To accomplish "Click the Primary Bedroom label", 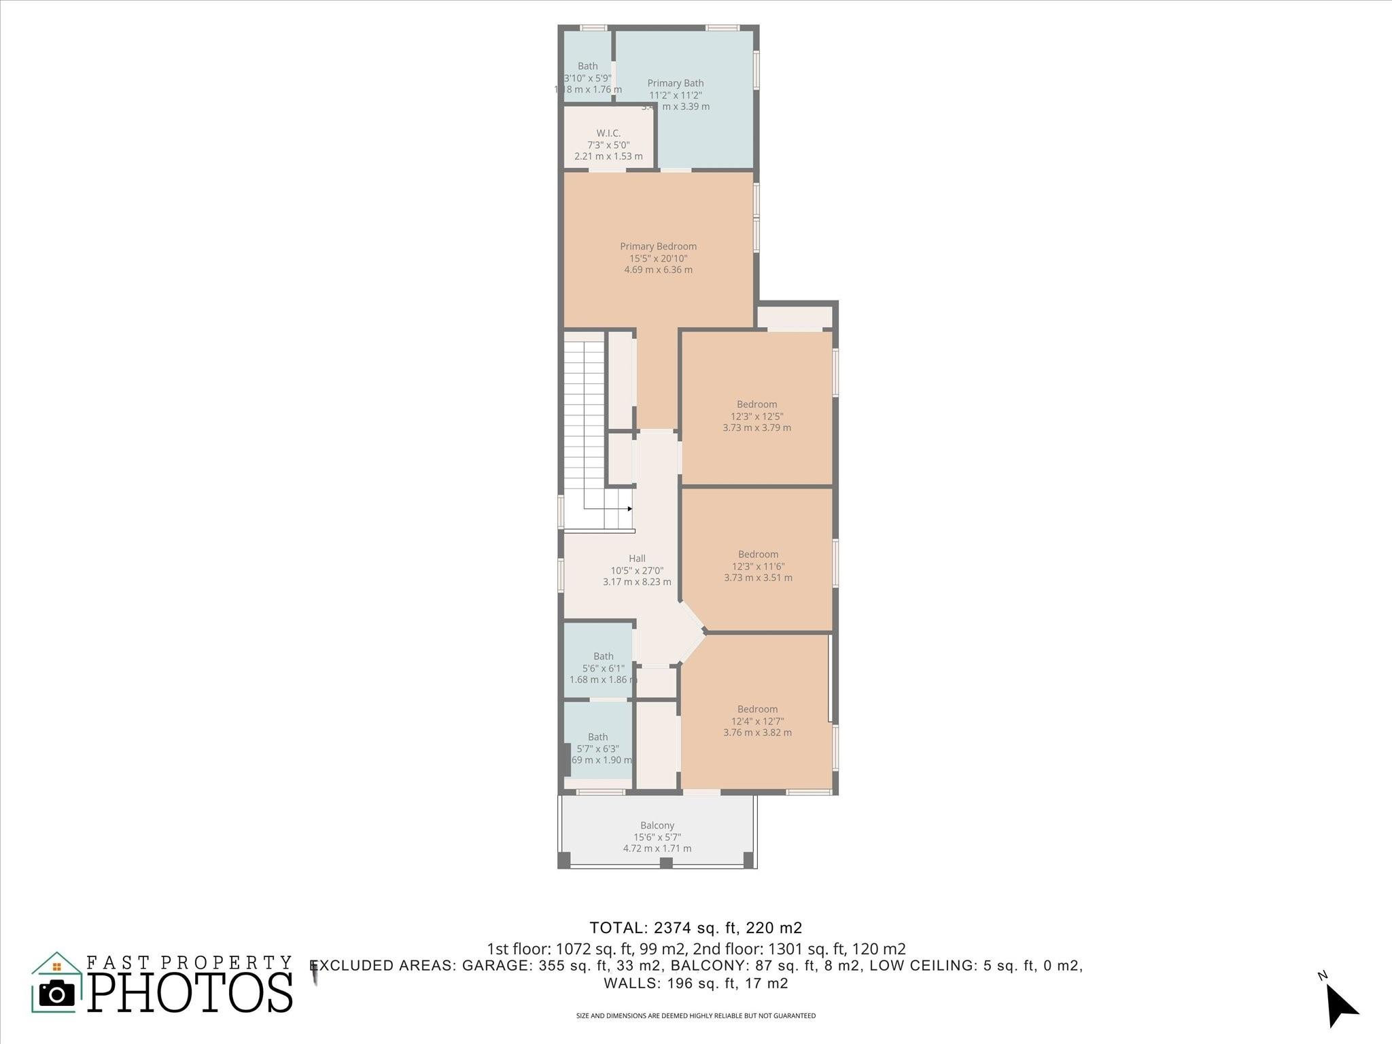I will [658, 247].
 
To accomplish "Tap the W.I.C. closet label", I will [608, 133].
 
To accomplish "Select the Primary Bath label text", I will [675, 84].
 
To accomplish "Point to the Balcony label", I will [657, 826].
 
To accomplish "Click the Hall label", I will [637, 559].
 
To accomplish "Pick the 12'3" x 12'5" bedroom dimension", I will [756, 416].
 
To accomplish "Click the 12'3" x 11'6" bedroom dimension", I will [758, 566].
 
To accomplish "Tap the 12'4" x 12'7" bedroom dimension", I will [757, 721].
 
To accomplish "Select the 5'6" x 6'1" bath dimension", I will [603, 668].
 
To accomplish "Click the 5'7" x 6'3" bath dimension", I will [597, 748].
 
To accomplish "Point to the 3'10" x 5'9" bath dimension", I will [587, 78].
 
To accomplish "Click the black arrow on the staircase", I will [630, 508].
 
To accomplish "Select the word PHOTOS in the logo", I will [190, 992].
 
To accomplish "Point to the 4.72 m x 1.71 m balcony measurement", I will [657, 848].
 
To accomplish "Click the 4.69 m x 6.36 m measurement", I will [658, 270].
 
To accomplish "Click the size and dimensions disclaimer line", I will [695, 1016].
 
